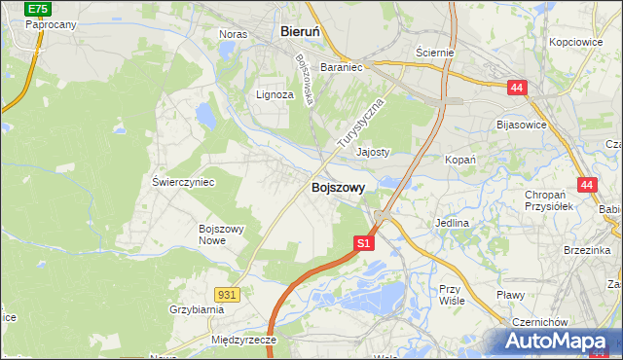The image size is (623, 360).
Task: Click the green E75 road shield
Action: [x=38, y=8]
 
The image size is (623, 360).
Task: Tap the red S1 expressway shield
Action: [x=363, y=243]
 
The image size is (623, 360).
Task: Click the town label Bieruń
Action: [x=301, y=31]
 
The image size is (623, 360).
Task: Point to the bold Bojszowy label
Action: [x=339, y=188]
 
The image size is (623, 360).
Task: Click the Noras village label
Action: [x=233, y=34]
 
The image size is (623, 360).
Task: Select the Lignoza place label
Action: [x=274, y=94]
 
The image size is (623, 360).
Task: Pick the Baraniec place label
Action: [x=341, y=68]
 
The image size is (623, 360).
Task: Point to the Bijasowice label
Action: [x=522, y=125]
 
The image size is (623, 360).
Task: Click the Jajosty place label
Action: [x=373, y=152]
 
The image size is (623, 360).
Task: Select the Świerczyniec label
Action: [x=183, y=182]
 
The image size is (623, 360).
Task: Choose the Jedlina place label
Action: [x=453, y=223]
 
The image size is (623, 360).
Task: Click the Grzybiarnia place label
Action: [x=196, y=309]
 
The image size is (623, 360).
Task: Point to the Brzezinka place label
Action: [x=587, y=249]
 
